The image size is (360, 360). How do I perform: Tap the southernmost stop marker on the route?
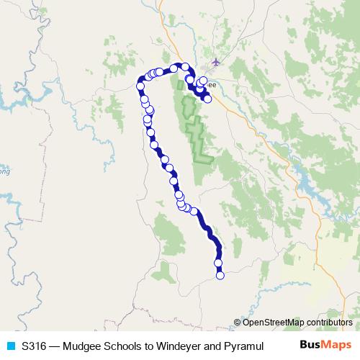pyautogui.click(x=220, y=275)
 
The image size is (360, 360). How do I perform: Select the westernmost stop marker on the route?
pyautogui.click(x=140, y=88)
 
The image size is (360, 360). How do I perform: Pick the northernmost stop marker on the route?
pyautogui.click(x=185, y=67)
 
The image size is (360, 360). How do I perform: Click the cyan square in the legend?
pyautogui.click(x=10, y=346)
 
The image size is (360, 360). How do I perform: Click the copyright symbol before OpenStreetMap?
pyautogui.click(x=238, y=323)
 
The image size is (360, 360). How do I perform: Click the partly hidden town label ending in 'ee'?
pyautogui.click(x=212, y=84)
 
